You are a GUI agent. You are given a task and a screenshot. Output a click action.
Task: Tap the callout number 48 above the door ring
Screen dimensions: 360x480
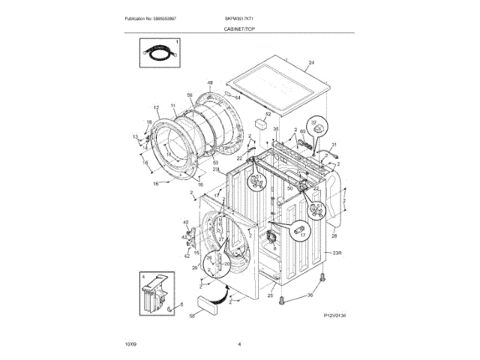click(210, 82)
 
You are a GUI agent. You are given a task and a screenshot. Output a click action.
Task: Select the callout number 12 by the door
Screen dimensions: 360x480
click(156, 107)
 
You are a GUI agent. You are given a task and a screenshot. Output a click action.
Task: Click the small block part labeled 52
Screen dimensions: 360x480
click(262, 122)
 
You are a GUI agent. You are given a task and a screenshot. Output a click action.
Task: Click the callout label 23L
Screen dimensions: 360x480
click(215, 170)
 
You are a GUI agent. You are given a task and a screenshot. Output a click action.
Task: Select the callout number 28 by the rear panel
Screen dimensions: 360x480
click(333, 237)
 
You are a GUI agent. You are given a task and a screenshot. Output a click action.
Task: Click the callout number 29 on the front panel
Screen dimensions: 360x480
click(193, 268)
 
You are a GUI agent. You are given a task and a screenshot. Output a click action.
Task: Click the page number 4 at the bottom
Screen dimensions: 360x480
click(239, 343)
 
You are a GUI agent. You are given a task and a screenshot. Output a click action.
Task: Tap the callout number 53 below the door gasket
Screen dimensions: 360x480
click(215, 162)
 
